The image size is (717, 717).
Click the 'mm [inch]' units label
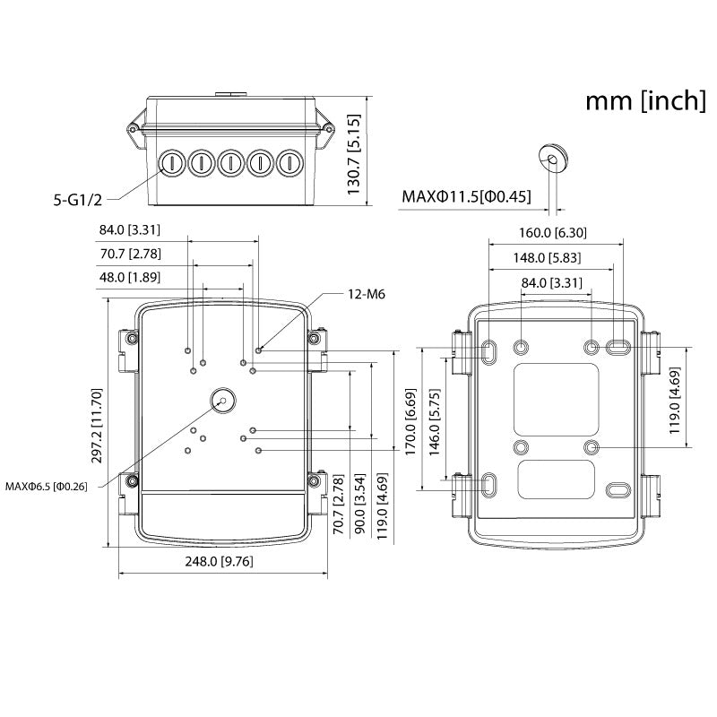[x=645, y=100]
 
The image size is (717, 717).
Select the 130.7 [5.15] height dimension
[x=355, y=154]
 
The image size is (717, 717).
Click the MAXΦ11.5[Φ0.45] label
[x=466, y=195]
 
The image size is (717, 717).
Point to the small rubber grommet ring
[x=553, y=158]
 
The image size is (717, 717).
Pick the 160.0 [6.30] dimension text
[x=552, y=233]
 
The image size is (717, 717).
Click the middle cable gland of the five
[x=230, y=163]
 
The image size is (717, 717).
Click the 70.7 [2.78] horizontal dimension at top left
[x=130, y=255]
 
